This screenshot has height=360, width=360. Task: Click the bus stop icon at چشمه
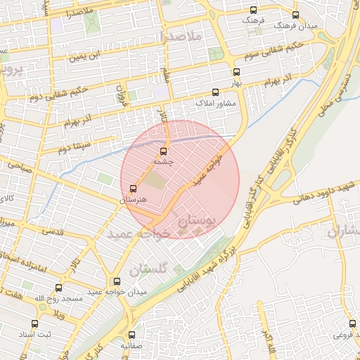click(164, 151)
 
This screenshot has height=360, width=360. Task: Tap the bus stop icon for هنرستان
click(134, 188)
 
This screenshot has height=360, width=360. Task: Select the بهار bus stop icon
click(236, 72)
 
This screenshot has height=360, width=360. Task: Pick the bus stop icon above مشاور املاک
click(216, 92)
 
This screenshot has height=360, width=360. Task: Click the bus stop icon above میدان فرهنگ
click(295, 15)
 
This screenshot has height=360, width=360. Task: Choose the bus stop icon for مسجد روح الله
click(58, 288)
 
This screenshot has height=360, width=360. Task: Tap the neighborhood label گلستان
click(149, 269)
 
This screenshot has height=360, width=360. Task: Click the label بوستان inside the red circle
click(199, 221)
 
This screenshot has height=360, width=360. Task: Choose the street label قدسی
click(53, 231)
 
